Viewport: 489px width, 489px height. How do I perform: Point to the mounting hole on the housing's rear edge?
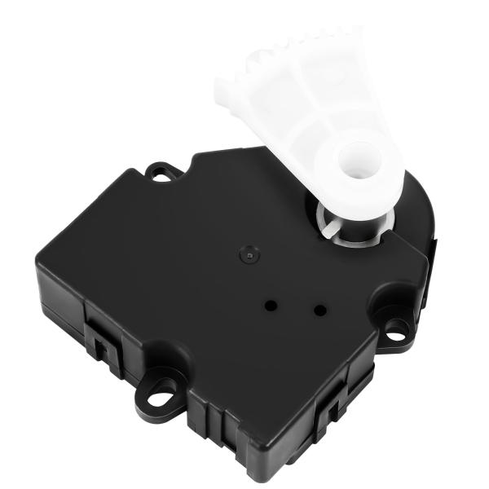pos(160,172)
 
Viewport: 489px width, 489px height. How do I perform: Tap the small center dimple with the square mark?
pos(248,254)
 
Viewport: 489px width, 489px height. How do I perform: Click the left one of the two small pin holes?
pos(271,305)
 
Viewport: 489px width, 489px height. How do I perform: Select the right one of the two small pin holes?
pos(319,310)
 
